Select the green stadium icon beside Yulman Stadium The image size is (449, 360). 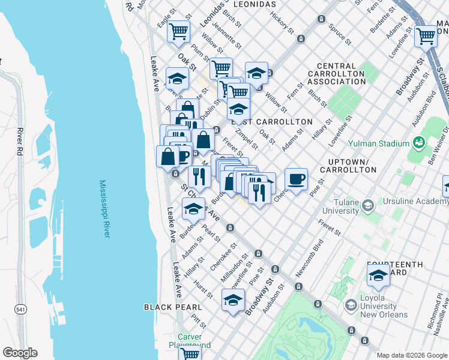click(418, 143)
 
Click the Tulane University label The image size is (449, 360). click(340, 206)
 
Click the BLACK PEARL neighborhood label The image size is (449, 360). click(167, 307)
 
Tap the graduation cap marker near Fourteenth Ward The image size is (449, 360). click(378, 275)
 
